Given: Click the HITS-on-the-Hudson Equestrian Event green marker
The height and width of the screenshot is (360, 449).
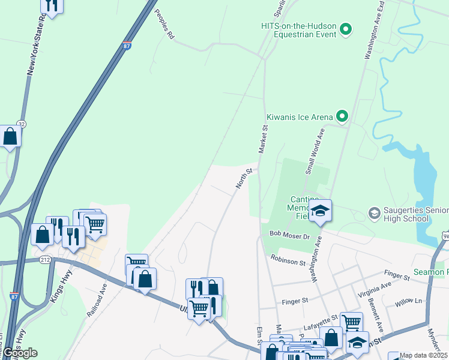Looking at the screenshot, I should pyautogui.click(x=345, y=29).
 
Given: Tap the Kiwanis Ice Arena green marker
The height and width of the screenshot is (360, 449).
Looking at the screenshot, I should pyautogui.click(x=342, y=116).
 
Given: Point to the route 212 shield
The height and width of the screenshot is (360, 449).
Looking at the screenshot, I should pyautogui.click(x=45, y=260).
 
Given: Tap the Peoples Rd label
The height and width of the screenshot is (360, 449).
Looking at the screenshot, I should pyautogui.click(x=164, y=25).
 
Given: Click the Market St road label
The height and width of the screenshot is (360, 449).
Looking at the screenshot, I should pyautogui.click(x=263, y=139).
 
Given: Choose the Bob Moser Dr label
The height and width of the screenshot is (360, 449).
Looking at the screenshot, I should pyautogui.click(x=289, y=235).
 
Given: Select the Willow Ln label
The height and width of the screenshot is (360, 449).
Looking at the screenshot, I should pyautogui.click(x=409, y=302).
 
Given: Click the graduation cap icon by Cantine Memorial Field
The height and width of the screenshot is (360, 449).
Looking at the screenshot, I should pyautogui.click(x=321, y=211).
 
